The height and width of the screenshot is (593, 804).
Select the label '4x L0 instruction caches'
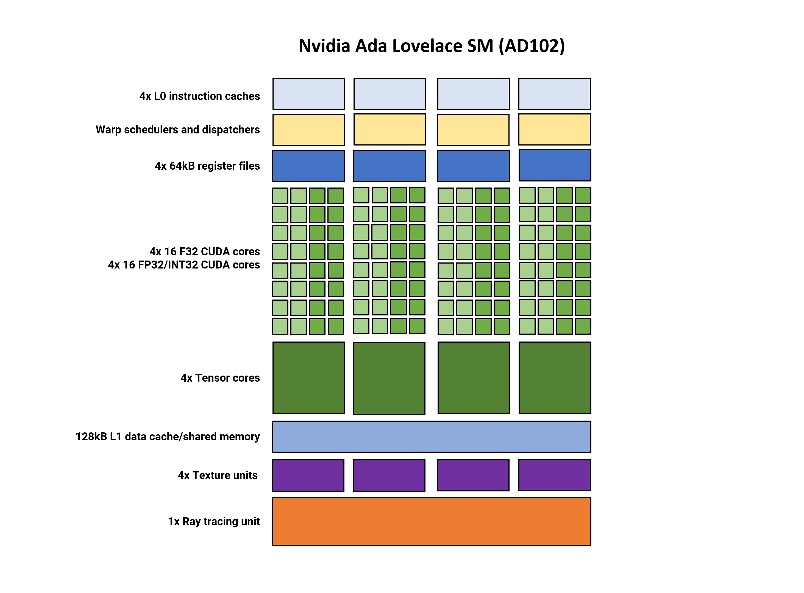tap(200, 96)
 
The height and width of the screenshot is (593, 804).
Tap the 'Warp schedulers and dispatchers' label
tap(178, 130)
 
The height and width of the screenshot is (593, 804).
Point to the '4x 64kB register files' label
tap(207, 166)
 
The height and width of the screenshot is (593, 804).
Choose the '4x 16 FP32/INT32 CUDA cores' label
tap(184, 265)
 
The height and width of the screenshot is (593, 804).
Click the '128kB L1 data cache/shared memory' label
tap(168, 437)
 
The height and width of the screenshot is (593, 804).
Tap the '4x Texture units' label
tap(218, 475)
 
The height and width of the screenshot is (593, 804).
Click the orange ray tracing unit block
tap(431, 521)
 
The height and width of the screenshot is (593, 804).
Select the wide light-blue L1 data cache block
tap(431, 437)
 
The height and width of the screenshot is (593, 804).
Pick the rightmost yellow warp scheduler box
tap(554, 130)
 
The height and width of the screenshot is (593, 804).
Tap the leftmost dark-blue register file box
tap(308, 166)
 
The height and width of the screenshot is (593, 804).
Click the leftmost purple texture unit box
tap(308, 475)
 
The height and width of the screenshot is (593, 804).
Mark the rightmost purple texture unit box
tap(554, 475)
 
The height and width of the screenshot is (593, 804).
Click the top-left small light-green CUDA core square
tap(280, 196)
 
